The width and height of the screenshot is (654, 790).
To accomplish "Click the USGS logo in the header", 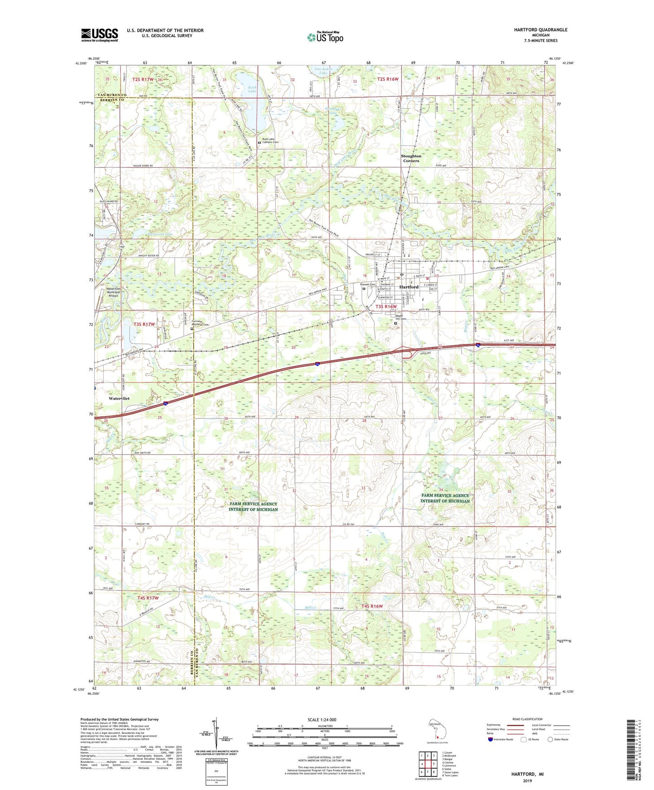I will coord(100,35).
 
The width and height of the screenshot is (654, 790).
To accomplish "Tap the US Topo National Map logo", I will coord(325,37).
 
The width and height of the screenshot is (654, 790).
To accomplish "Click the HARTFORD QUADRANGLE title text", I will coord(540,30).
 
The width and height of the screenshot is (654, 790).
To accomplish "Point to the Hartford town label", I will coord(409,287).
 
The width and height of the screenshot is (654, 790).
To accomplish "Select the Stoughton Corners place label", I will coord(411,158).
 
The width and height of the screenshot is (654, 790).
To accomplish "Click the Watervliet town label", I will coord(119,399).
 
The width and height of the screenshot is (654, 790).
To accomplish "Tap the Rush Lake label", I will coord(252,89).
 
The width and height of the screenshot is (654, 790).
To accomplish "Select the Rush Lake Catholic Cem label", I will coord(270,141).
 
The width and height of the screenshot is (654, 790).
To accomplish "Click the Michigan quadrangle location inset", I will coord(437,728).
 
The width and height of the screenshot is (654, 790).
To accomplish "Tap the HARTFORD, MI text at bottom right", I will coord(527,774).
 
